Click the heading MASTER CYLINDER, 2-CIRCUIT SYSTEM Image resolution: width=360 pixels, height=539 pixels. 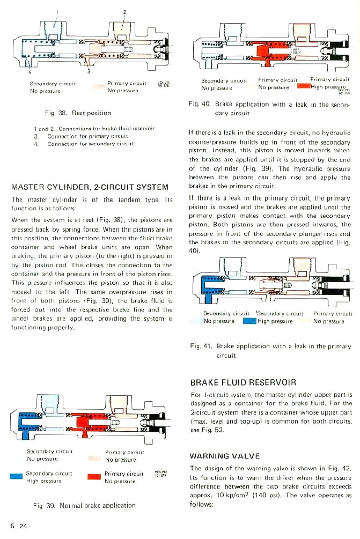point(90,187)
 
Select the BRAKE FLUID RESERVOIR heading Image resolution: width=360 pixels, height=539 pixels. point(243,382)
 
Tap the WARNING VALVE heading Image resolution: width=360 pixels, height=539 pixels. point(225,456)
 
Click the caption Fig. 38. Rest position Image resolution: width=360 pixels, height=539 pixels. point(78,113)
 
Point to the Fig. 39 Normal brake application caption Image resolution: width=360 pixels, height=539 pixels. point(85,505)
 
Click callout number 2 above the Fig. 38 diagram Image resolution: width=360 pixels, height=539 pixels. point(124,11)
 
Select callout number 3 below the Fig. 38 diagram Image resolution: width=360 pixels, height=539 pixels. point(89,71)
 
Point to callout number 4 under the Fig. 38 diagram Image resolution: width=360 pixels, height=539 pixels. point(30,71)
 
